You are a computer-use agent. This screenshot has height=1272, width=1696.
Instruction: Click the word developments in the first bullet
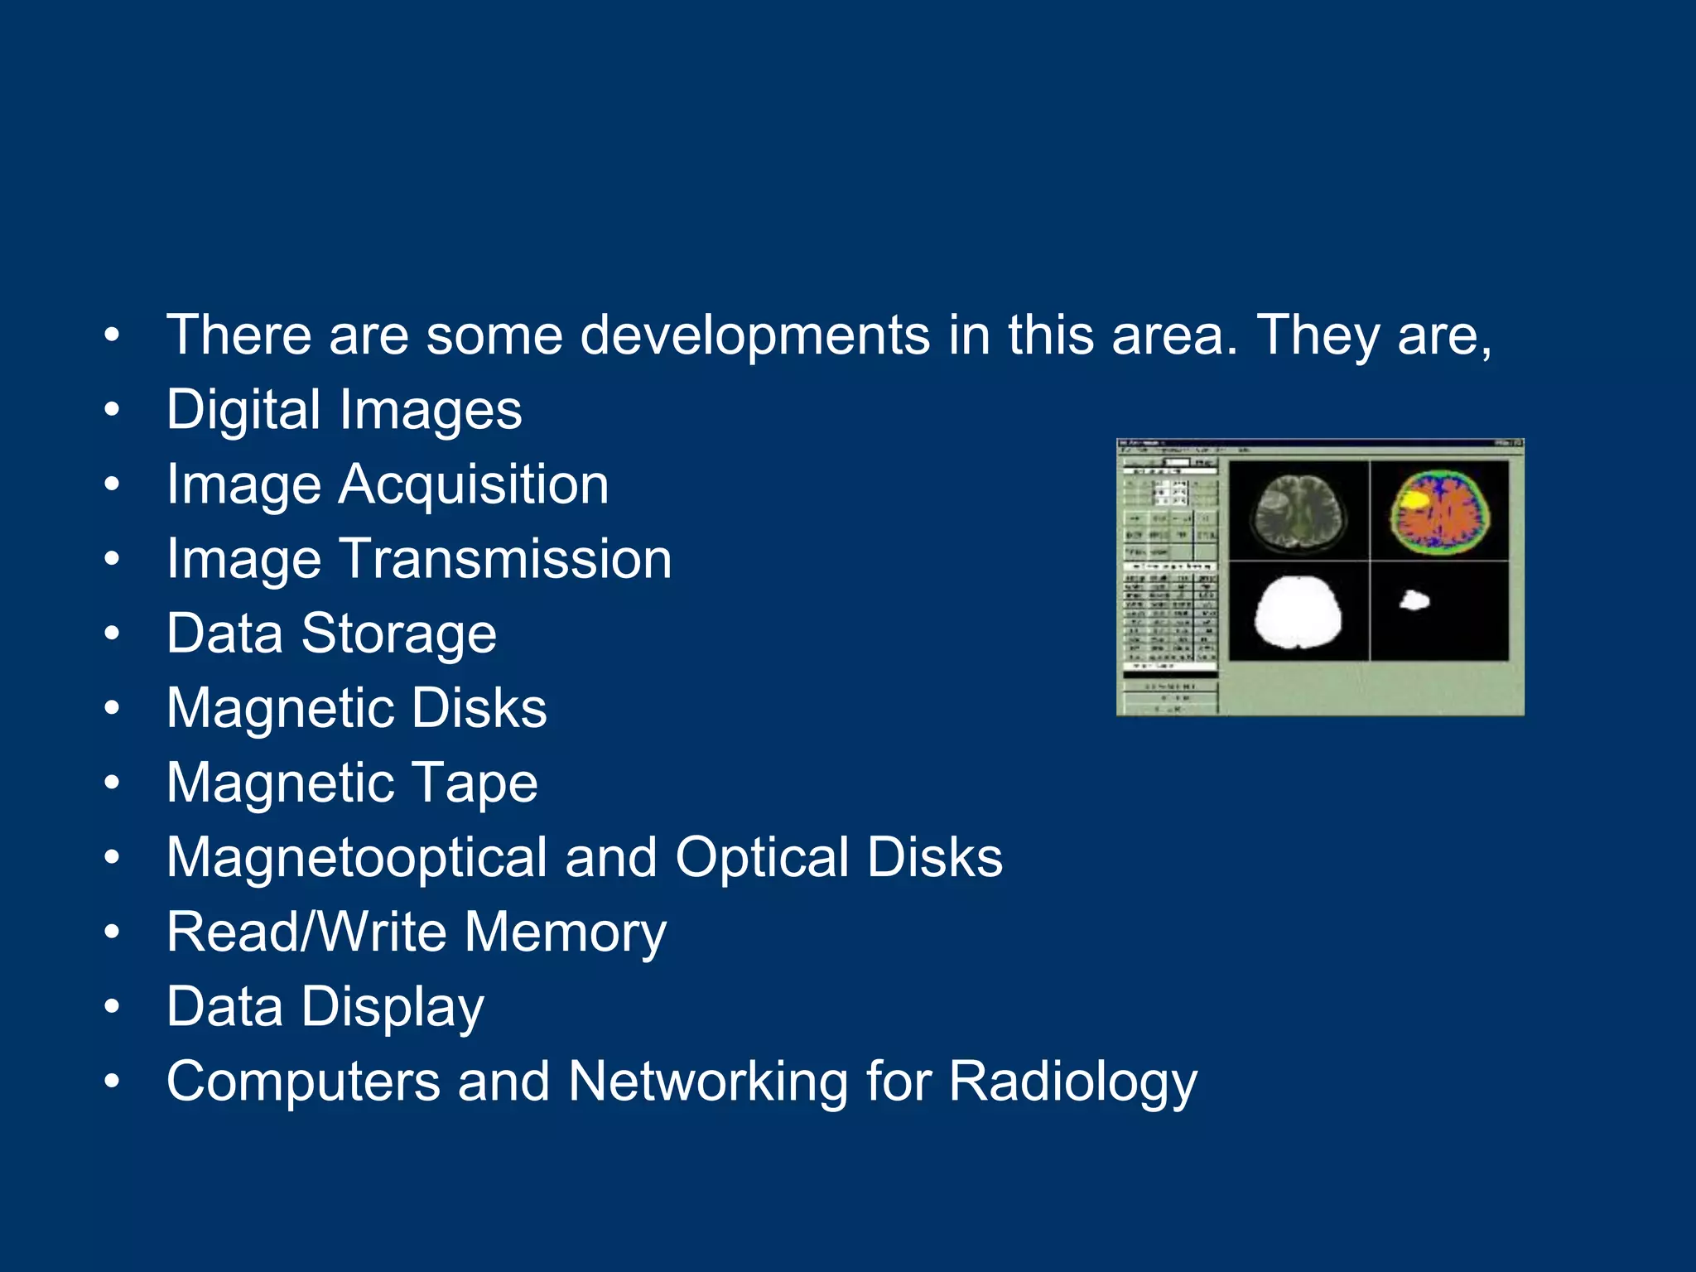(754, 335)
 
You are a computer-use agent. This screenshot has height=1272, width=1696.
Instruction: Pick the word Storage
(398, 634)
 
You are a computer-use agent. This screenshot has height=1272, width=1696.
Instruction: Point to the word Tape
(475, 783)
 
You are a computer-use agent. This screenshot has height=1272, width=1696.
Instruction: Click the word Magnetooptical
(356, 857)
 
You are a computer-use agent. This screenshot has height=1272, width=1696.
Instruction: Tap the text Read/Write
(306, 932)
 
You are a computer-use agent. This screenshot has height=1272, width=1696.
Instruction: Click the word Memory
(565, 932)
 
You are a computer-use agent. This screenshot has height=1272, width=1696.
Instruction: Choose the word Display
(392, 1006)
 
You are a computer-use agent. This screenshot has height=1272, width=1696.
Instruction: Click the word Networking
(708, 1081)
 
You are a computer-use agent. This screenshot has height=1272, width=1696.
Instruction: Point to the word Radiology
(1072, 1081)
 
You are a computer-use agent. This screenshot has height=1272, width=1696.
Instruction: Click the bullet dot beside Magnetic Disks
(113, 708)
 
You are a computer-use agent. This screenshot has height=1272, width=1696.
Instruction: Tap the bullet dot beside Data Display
(113, 1006)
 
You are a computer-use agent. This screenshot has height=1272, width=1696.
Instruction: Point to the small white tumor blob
(1414, 600)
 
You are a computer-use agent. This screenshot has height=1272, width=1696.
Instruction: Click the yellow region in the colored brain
(1412, 499)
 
